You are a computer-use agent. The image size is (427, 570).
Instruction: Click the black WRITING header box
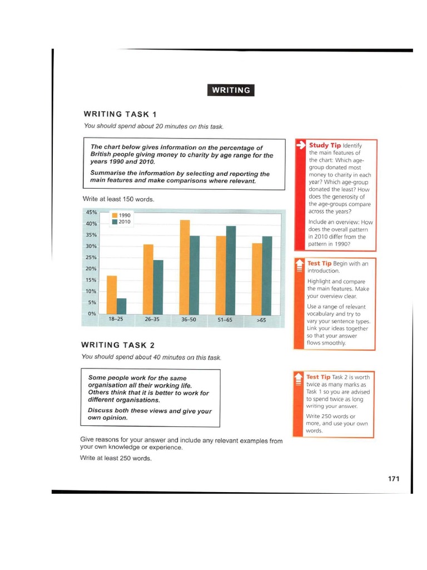point(231,90)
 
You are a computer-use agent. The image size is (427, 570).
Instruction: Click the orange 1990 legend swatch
point(115,215)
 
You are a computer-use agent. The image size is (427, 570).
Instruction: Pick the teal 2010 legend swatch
point(115,222)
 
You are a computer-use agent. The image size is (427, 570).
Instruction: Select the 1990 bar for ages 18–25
point(112,295)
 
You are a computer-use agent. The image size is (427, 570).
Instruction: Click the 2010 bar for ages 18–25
point(122,306)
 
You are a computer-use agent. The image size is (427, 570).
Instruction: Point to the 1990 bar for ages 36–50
point(185,267)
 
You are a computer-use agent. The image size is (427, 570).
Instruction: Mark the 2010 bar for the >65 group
point(267,276)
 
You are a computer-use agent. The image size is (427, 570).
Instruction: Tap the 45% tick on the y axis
point(91,212)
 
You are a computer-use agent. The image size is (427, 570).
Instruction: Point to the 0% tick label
point(92,314)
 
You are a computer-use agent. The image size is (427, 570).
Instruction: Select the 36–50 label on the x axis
point(188,320)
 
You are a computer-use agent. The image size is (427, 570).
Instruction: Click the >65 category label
point(261,320)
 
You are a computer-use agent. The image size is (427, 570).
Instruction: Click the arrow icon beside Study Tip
point(300,145)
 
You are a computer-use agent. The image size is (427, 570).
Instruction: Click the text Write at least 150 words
point(118,199)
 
